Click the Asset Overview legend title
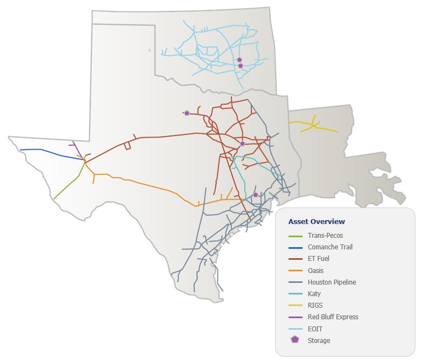(x=316, y=222)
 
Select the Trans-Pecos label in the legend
(x=325, y=236)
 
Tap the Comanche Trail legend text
(x=330, y=247)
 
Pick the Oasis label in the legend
(x=316, y=271)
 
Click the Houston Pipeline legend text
(x=332, y=282)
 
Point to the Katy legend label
(x=314, y=294)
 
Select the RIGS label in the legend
(x=315, y=306)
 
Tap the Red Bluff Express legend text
(x=333, y=317)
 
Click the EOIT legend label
(x=315, y=329)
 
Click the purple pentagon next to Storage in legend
(x=295, y=340)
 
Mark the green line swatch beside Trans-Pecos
(x=295, y=236)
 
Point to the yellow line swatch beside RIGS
(x=295, y=306)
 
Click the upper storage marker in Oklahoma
(x=239, y=59)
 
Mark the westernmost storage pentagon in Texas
(x=187, y=113)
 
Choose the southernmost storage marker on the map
(x=255, y=194)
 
